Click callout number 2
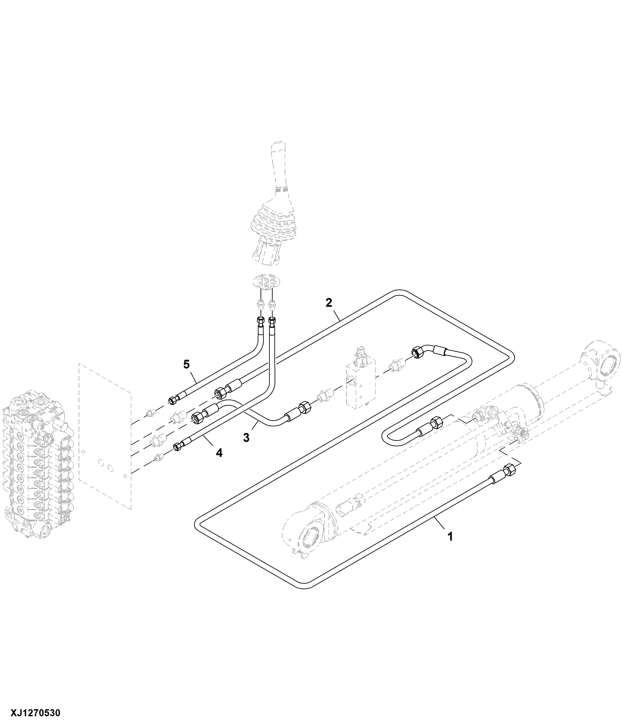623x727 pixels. point(329,302)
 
